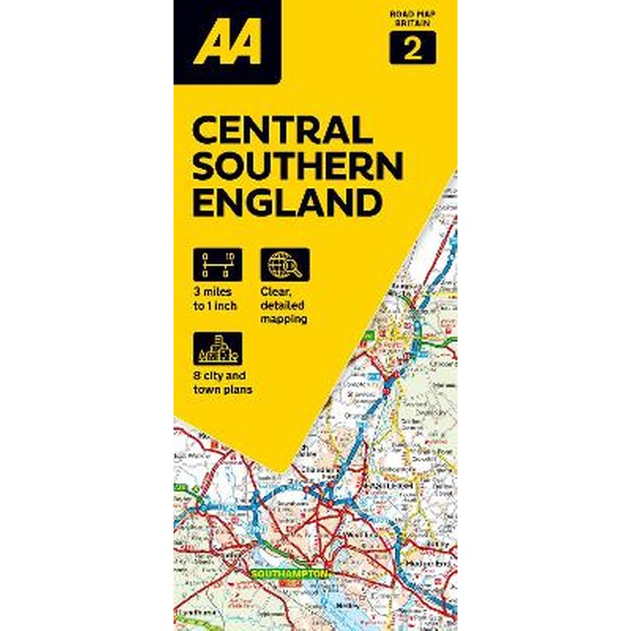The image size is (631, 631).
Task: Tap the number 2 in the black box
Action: click(x=411, y=49)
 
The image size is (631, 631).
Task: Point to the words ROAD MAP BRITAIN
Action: click(x=411, y=20)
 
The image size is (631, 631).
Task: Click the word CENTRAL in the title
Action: click(x=277, y=129)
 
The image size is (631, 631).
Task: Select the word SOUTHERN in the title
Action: click(x=297, y=166)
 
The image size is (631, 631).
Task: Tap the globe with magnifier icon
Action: click(x=285, y=265)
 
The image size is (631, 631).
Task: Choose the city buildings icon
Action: click(x=217, y=348)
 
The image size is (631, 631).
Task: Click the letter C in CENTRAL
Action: click(x=204, y=129)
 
